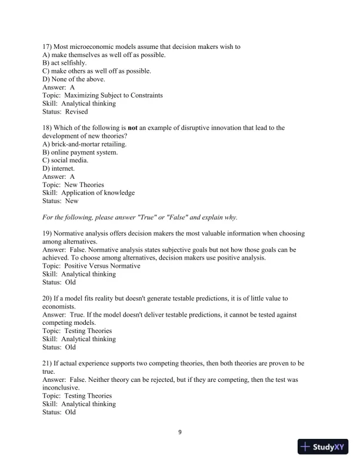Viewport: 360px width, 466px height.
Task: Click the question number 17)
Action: tap(48, 46)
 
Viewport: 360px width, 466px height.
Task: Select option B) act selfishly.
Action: tap(65, 63)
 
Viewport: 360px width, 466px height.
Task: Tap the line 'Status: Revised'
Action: tap(65, 111)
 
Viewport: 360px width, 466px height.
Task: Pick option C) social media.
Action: tap(66, 160)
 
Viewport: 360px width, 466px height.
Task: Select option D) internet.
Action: tap(59, 168)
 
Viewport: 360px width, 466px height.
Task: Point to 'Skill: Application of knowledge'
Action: tap(89, 192)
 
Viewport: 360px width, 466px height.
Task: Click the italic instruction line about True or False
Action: tap(140, 217)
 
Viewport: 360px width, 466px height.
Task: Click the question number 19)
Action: tap(48, 234)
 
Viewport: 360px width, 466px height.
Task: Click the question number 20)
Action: tap(48, 298)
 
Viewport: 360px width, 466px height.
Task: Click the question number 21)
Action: tap(48, 363)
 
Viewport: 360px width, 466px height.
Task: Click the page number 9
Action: tap(180, 432)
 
